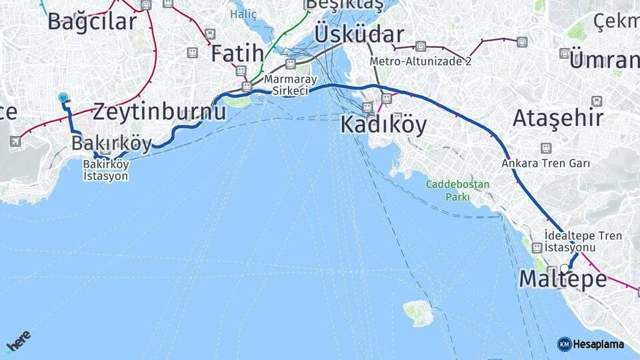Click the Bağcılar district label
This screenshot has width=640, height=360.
[x=92, y=21]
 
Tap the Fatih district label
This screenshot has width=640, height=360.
[x=237, y=54]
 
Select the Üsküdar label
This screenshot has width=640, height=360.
[x=359, y=35]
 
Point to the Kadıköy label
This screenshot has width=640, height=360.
[x=383, y=125]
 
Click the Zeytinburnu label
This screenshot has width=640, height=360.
[x=159, y=111]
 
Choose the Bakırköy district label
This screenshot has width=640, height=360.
[x=111, y=143]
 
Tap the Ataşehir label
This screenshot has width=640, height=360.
[x=557, y=118]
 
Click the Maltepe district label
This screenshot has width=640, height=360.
[x=563, y=279]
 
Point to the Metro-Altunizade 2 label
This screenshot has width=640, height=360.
[x=421, y=62]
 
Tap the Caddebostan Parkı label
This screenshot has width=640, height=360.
[x=457, y=191]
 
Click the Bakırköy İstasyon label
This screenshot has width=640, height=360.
[x=105, y=171]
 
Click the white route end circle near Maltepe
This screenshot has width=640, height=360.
[x=565, y=269]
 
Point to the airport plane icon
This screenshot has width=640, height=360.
[x=15, y=141]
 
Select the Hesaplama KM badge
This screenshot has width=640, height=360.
[x=591, y=344]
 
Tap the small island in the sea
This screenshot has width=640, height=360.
[x=418, y=312]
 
